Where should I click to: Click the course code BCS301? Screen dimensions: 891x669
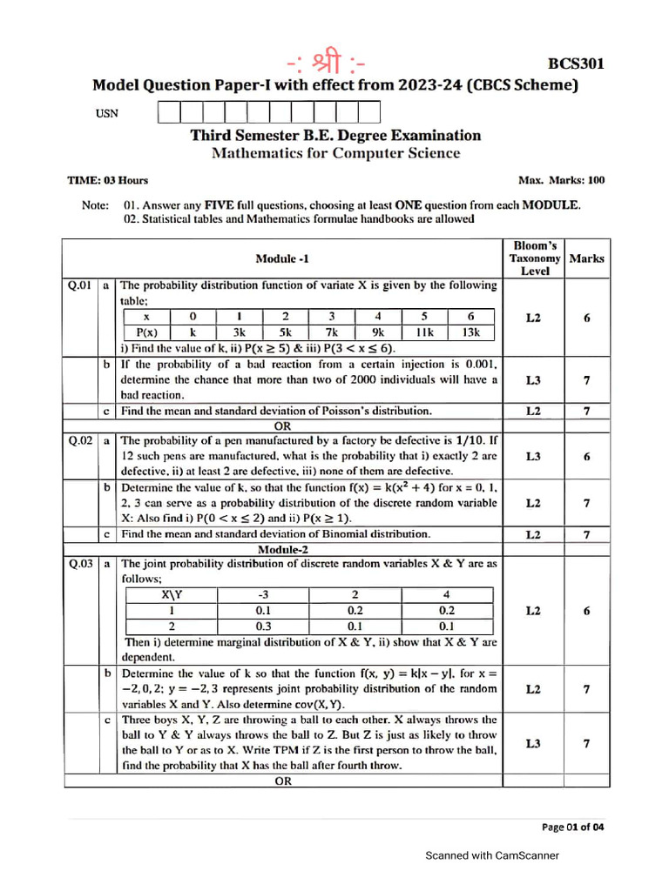(x=575, y=64)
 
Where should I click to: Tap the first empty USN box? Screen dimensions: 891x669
(x=168, y=111)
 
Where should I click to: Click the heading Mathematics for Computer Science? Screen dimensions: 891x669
(x=335, y=153)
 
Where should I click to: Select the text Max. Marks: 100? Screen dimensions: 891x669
(x=561, y=181)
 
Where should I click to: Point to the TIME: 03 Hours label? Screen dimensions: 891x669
(x=108, y=181)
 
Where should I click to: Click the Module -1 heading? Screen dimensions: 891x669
(x=281, y=258)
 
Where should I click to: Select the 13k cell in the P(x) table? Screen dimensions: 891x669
(x=471, y=332)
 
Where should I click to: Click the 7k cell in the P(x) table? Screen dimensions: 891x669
(x=331, y=332)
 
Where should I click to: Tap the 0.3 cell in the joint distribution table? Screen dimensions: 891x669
(x=263, y=626)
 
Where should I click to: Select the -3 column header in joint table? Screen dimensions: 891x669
(x=263, y=595)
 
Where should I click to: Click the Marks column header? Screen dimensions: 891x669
(x=586, y=258)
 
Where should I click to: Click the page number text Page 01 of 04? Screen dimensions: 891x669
(x=572, y=827)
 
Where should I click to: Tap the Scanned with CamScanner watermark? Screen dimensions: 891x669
(x=491, y=856)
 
